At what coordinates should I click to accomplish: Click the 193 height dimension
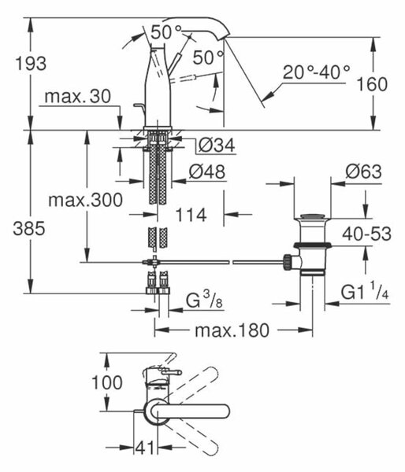(31, 64)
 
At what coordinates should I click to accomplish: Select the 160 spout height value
(372, 84)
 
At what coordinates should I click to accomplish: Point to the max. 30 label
(77, 97)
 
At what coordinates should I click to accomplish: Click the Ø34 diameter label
(217, 146)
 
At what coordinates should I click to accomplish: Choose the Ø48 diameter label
(207, 171)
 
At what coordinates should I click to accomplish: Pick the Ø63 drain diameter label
(363, 171)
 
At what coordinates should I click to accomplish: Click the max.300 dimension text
(85, 200)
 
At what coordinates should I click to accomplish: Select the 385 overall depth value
(29, 228)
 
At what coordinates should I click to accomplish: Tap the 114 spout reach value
(191, 215)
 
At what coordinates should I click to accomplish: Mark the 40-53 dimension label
(366, 234)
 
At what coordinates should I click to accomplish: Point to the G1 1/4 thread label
(365, 291)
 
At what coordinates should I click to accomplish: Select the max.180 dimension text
(232, 330)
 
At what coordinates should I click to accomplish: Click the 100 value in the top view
(106, 382)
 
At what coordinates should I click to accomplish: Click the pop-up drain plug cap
(312, 216)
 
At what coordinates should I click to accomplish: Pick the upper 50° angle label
(166, 32)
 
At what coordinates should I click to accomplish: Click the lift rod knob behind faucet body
(139, 108)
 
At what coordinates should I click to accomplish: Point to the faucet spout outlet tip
(226, 37)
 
